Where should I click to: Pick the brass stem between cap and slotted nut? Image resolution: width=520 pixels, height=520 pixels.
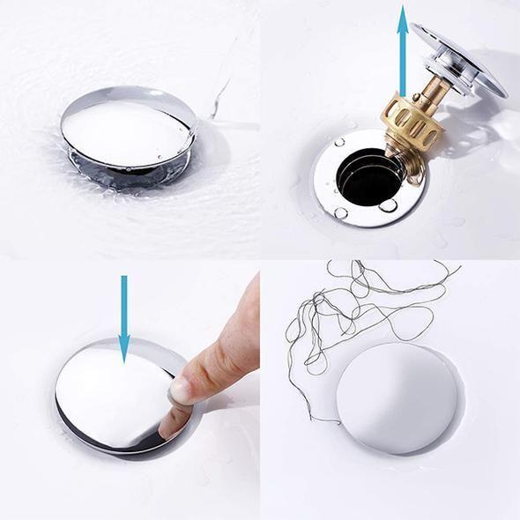[431, 85]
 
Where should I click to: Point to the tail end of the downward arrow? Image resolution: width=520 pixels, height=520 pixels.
[123, 279]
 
